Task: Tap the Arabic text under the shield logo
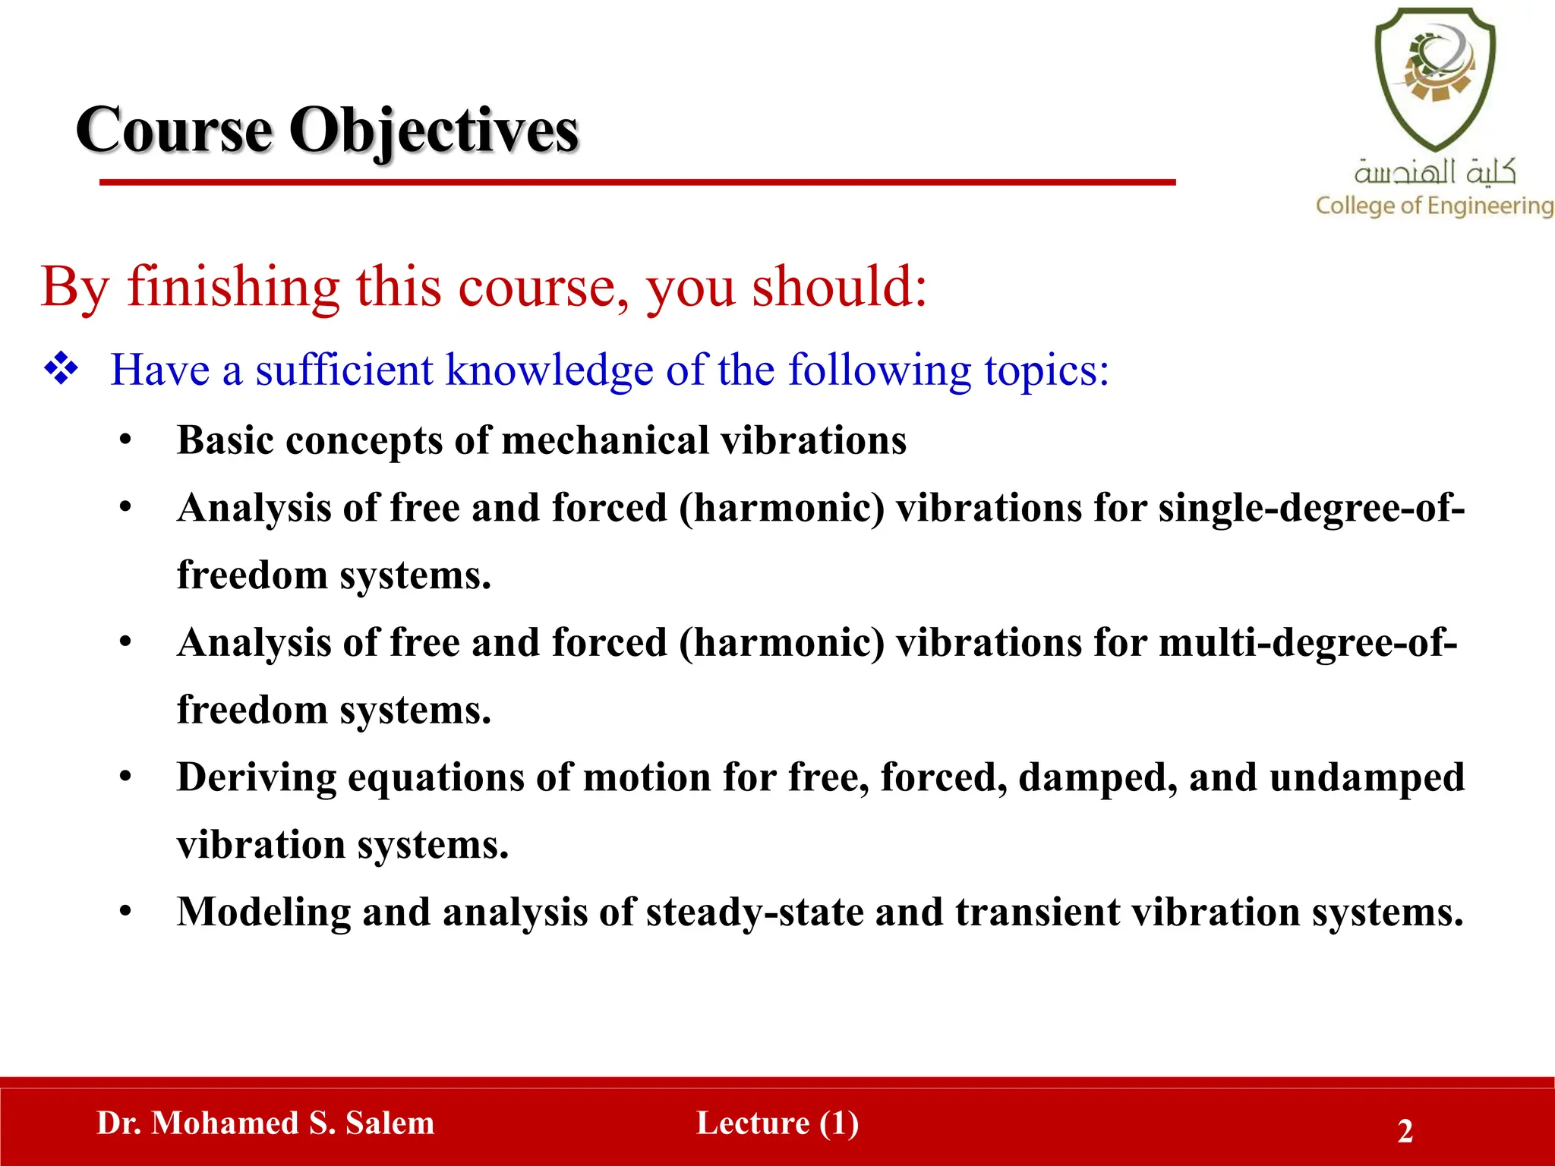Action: [x=1434, y=172]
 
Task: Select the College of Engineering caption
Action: [x=1434, y=206]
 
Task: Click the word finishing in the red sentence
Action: [x=233, y=287]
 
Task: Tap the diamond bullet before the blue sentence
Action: [x=61, y=370]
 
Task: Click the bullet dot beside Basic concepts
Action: [x=126, y=440]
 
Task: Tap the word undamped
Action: [x=1367, y=777]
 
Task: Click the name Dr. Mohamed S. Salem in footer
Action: [x=266, y=1123]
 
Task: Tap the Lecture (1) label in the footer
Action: [x=777, y=1123]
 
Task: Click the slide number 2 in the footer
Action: [x=1405, y=1131]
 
